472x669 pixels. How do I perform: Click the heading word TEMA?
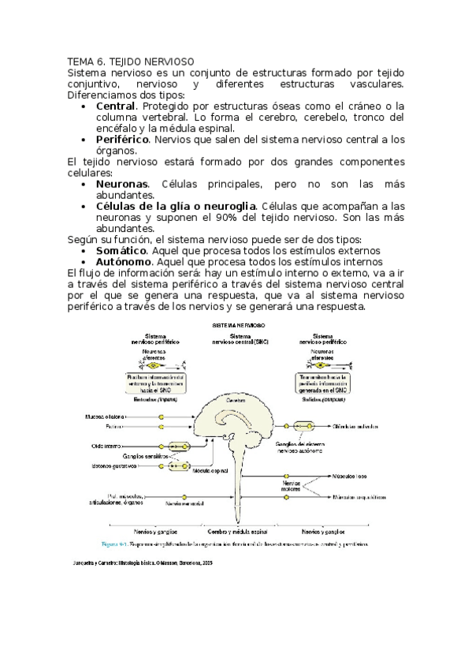(x=80, y=60)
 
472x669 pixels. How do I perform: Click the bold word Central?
(x=115, y=106)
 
